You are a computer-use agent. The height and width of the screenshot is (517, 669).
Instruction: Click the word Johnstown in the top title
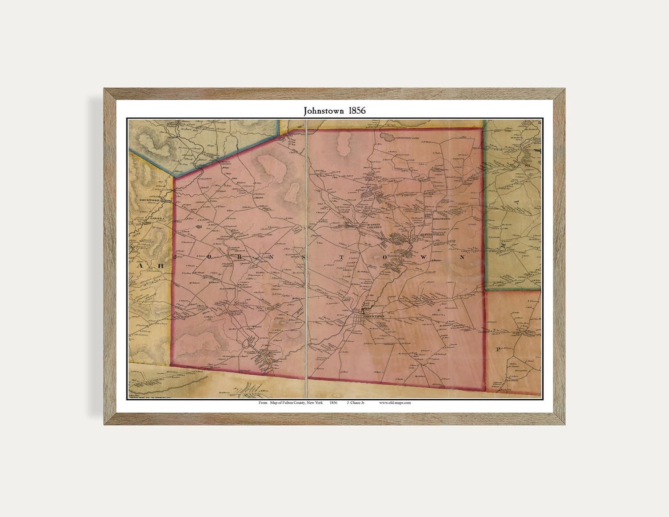pyautogui.click(x=324, y=111)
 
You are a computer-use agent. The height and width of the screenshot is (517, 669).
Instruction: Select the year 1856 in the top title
pyautogui.click(x=356, y=111)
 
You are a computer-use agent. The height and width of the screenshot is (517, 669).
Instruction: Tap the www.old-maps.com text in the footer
pyautogui.click(x=395, y=402)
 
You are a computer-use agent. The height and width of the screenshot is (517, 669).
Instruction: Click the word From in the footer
pyautogui.click(x=263, y=402)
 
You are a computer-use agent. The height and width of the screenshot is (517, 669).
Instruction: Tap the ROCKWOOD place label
pyautogui.click(x=149, y=200)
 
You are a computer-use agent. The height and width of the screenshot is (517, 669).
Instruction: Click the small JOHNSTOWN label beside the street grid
pyautogui.click(x=374, y=317)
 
